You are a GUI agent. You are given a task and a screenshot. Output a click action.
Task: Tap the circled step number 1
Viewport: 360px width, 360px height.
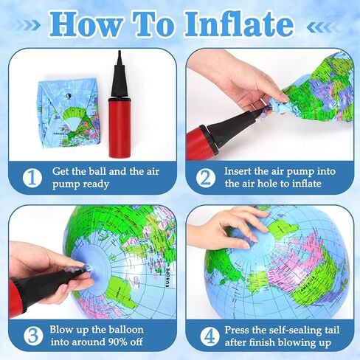31,178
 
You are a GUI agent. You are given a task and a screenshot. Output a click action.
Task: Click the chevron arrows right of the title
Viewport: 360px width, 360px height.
325,27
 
